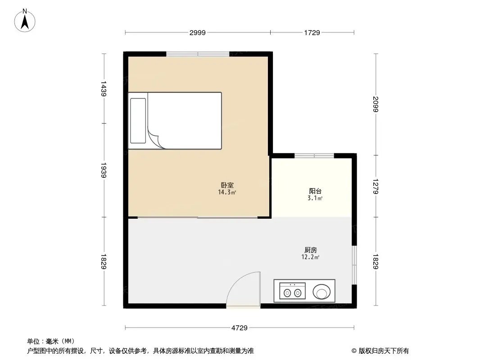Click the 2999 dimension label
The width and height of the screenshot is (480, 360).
[x=198, y=32]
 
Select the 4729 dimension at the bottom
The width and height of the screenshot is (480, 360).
[x=240, y=328]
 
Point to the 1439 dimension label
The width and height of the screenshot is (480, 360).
[x=104, y=89]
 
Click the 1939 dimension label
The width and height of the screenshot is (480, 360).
[x=104, y=171]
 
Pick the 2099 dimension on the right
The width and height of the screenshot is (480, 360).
[x=376, y=105]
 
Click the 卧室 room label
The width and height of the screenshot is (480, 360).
[x=227, y=185]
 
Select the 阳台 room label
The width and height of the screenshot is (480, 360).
[x=315, y=191]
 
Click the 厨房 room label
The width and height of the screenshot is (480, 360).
[x=311, y=250]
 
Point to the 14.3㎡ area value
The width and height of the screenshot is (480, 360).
[x=227, y=192]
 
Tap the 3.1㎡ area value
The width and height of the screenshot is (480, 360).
[x=315, y=198]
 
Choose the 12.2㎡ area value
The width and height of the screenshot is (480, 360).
[x=311, y=257]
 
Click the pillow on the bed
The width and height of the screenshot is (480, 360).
[x=138, y=121]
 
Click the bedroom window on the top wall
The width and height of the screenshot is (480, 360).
[x=198, y=54]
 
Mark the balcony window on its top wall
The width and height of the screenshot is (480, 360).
[x=314, y=156]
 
